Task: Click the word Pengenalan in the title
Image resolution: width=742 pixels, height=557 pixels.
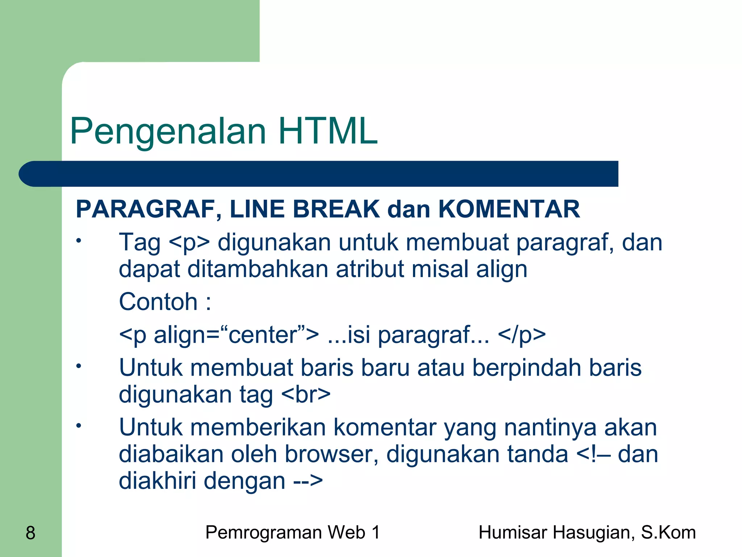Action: tap(168, 131)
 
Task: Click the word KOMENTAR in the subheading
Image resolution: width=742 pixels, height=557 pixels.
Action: tap(509, 209)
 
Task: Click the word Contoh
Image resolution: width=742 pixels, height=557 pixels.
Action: tap(158, 302)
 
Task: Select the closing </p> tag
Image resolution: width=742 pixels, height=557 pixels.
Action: tap(522, 335)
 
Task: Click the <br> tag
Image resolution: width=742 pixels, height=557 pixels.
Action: tap(305, 395)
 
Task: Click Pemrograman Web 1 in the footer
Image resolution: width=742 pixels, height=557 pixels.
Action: tap(293, 533)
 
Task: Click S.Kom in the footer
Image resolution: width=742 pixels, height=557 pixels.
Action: tap(668, 533)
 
